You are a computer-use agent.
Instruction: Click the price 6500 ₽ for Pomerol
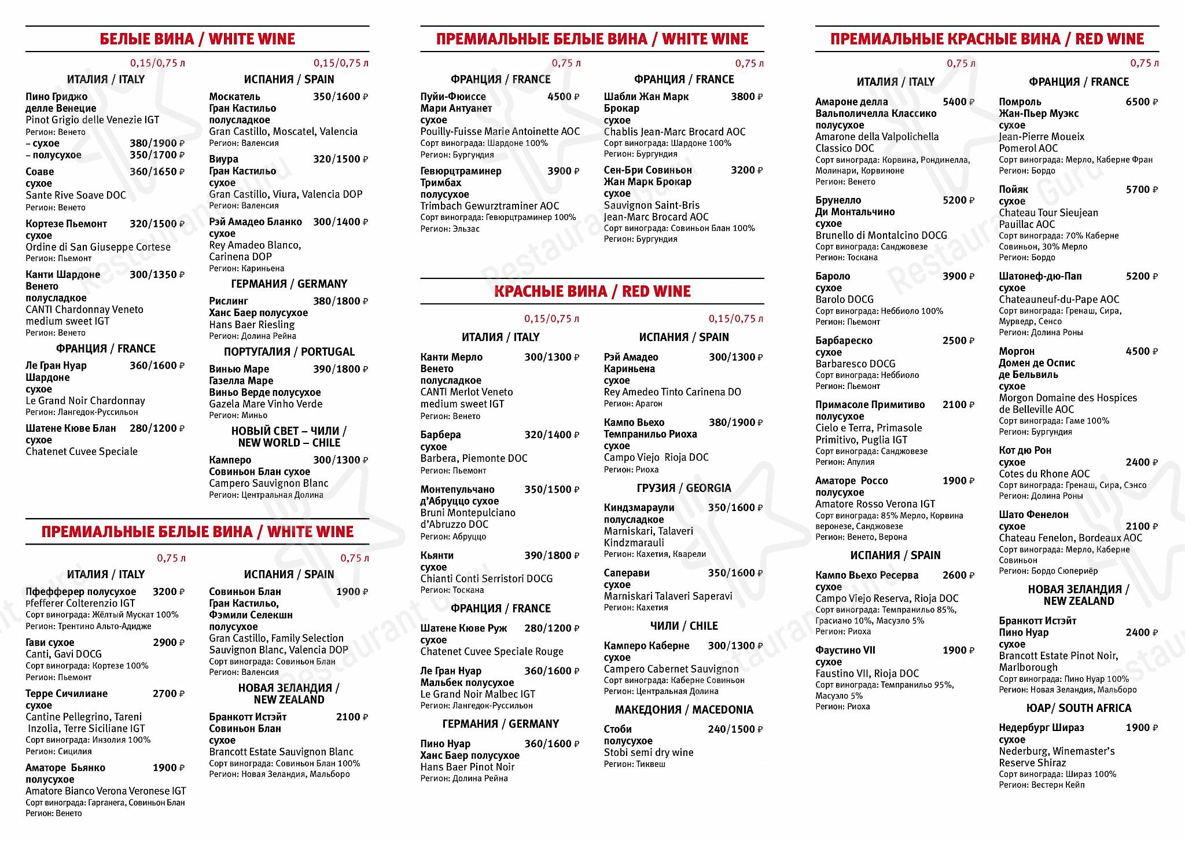tap(1141, 102)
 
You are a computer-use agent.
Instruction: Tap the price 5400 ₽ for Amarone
tap(958, 102)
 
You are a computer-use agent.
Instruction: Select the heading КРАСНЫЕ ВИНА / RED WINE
tap(592, 291)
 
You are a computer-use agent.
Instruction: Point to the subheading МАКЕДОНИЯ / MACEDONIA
tap(684, 710)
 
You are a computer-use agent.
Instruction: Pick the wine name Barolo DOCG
tap(844, 299)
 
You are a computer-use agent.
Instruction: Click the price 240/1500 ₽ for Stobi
tap(735, 729)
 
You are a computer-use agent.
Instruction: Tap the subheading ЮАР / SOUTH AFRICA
tap(1079, 708)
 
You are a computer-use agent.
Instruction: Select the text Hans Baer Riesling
tap(252, 325)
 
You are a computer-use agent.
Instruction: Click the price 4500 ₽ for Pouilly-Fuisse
tap(563, 97)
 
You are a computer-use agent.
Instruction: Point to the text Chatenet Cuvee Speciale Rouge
tap(492, 651)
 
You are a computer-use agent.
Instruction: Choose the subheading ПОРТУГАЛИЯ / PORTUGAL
tap(289, 352)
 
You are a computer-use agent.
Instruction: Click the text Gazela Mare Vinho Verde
tap(266, 404)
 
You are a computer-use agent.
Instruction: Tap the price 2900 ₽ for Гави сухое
tap(168, 642)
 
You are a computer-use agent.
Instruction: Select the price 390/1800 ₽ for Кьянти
tap(551, 556)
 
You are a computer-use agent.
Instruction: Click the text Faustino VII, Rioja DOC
tap(867, 673)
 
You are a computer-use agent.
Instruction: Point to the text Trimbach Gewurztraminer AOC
tap(490, 205)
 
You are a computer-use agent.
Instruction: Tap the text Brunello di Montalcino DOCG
tap(881, 235)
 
